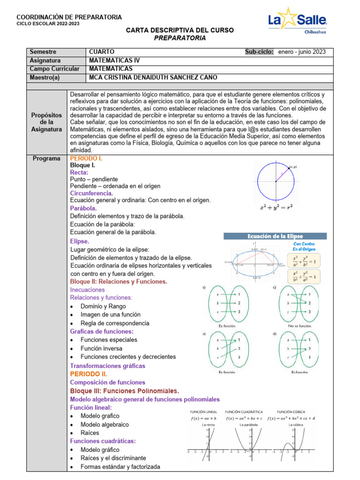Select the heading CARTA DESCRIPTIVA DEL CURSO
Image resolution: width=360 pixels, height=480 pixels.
180,30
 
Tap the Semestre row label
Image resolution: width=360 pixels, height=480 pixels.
43,52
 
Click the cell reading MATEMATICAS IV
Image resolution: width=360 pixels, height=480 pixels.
114,60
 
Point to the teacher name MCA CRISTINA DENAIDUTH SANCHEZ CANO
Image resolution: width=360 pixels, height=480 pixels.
165,77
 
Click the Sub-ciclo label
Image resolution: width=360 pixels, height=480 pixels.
259,52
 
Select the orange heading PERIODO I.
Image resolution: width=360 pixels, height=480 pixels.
86,158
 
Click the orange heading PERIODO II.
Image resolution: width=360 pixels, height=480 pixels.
88,374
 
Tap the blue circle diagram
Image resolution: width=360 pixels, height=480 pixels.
276,181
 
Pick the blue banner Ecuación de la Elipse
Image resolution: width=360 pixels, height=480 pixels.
275,237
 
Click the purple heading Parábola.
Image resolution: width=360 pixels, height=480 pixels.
83,208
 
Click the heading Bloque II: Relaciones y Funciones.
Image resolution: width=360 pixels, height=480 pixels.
119,282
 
